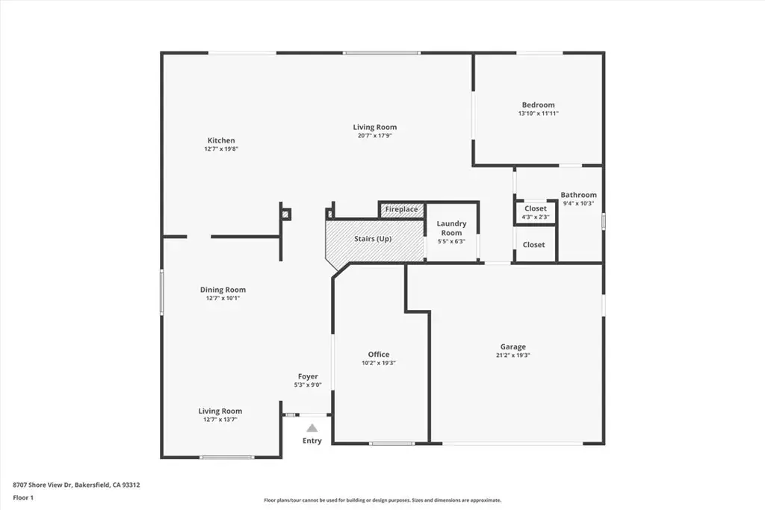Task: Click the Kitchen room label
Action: (221, 140)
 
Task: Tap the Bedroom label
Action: (538, 105)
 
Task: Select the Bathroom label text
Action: (578, 195)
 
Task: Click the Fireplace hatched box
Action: (401, 210)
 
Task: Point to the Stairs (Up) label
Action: (373, 239)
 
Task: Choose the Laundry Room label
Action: (451, 228)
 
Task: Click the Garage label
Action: (512, 346)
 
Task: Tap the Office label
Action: (379, 355)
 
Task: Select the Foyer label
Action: (308, 376)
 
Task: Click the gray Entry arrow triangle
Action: (312, 428)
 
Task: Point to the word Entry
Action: (312, 441)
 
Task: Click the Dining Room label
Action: (223, 290)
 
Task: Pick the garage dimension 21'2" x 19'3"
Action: (512, 355)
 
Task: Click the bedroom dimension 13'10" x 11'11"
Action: (538, 113)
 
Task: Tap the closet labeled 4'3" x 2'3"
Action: (535, 213)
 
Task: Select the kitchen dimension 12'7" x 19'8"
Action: (221, 149)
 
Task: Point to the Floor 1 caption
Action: (23, 498)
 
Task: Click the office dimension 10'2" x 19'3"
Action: (379, 363)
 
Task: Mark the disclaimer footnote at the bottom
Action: (382, 500)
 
